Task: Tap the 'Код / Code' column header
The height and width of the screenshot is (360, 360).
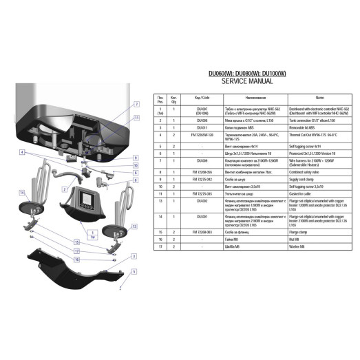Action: pos(202,98)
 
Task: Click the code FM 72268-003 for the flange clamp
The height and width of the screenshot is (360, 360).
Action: pos(202,233)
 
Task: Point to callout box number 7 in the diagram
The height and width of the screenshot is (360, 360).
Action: pos(136,104)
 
